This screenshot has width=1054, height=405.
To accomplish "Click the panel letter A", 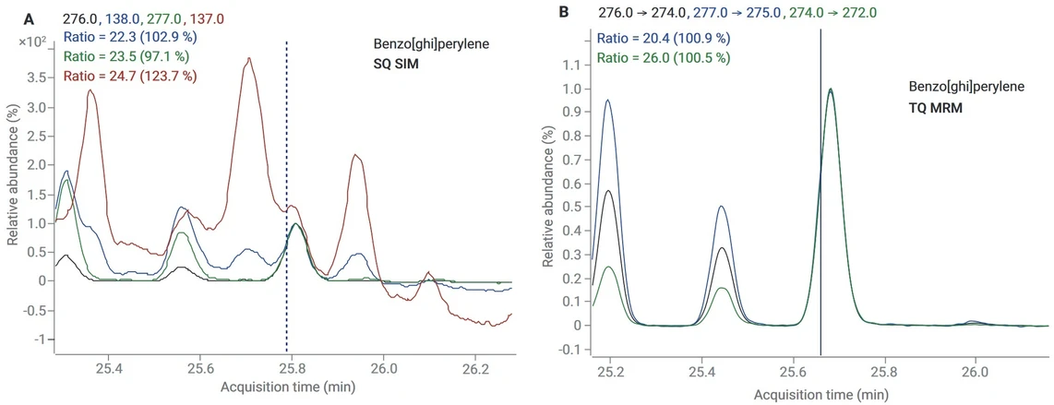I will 30,18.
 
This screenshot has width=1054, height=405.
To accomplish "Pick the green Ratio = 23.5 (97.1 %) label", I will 126,56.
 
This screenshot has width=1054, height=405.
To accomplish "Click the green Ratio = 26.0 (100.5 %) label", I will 664,57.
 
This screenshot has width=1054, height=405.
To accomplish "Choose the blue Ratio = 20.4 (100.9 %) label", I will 664,38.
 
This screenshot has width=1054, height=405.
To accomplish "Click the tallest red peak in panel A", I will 247,59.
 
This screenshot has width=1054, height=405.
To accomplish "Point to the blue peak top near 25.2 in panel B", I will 607,101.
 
